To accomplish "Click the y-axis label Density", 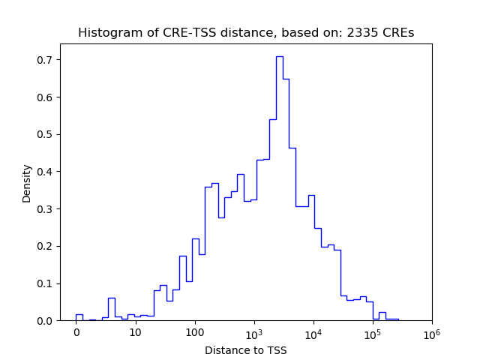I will (x=27, y=182).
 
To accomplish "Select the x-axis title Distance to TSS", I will (x=246, y=350).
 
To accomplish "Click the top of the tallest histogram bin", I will (x=279, y=57).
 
